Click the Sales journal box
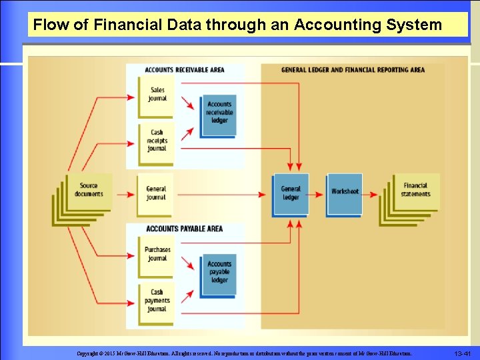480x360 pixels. click(157, 94)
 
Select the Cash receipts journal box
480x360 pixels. click(157, 141)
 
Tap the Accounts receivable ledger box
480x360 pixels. click(219, 113)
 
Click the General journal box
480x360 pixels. click(156, 193)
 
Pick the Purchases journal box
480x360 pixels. click(157, 254)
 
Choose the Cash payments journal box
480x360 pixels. click(157, 301)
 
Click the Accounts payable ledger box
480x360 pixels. click(219, 273)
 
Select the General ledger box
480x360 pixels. click(291, 193)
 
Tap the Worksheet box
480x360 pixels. click(345, 192)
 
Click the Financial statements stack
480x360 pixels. click(415, 191)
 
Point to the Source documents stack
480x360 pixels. click(87, 191)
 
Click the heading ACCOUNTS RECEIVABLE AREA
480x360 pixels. click(185, 70)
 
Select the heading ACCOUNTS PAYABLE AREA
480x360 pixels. click(184, 229)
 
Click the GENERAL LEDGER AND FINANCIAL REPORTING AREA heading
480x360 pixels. click(353, 70)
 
